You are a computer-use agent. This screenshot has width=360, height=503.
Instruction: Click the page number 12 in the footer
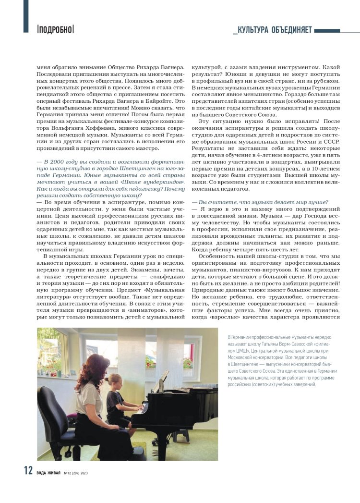[x=28, y=471]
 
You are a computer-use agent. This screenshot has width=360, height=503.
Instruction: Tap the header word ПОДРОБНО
[x=55, y=29]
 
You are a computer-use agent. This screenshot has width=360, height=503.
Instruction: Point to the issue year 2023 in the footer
[x=84, y=473]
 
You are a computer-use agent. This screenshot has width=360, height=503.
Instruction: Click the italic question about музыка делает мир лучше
[x=260, y=202]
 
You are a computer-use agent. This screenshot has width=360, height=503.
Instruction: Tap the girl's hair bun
[x=119, y=378]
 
